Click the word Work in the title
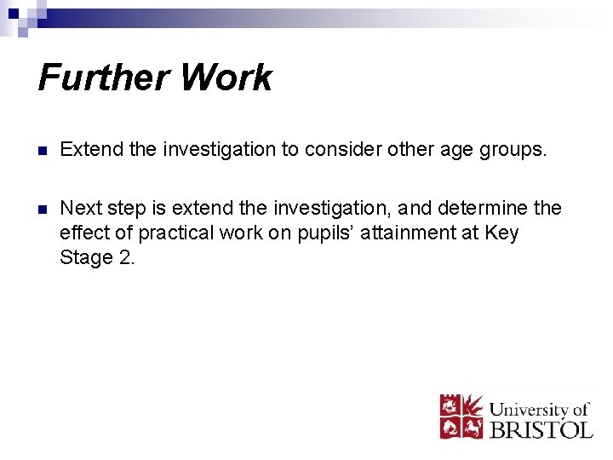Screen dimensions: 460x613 tap(226, 78)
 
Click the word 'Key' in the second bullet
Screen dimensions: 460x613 tap(501, 233)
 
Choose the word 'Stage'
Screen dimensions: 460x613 tap(85, 257)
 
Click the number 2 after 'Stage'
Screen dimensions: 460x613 tap(126, 256)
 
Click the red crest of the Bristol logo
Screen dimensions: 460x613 tap(461, 416)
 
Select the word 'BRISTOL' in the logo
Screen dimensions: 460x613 tap(541, 428)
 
